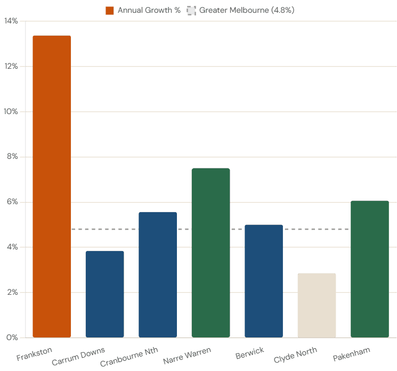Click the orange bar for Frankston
(x=52, y=187)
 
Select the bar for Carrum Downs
(x=104, y=294)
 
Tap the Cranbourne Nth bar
(x=158, y=275)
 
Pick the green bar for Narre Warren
(x=210, y=253)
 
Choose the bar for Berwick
(x=264, y=281)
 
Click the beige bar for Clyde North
(x=317, y=305)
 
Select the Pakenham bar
(x=369, y=269)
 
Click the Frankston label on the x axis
(x=34, y=354)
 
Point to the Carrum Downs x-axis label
(x=78, y=357)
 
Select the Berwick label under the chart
(x=249, y=353)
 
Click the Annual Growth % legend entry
(x=143, y=10)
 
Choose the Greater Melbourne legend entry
(x=240, y=10)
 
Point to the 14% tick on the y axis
(x=11, y=21)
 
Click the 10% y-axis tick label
(x=11, y=112)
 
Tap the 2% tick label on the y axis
(x=12, y=293)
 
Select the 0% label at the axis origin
(x=12, y=337)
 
